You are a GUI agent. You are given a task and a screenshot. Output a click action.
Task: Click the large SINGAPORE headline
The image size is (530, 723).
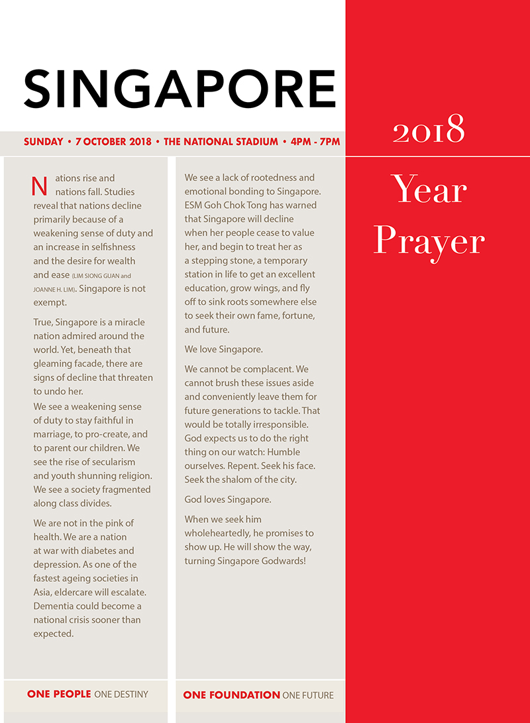click(x=180, y=88)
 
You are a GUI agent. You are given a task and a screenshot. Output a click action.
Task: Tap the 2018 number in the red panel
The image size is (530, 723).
click(x=429, y=130)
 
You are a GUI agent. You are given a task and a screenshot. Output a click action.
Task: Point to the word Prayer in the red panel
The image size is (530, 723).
click(x=429, y=241)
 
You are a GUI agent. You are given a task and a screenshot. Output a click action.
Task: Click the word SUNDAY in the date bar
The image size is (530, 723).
click(x=44, y=142)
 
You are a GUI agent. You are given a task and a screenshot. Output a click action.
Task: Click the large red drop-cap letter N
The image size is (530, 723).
click(x=40, y=186)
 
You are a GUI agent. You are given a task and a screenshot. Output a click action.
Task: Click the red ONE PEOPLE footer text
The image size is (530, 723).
click(x=59, y=694)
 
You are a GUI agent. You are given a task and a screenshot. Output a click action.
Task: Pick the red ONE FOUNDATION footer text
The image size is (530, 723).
click(x=231, y=695)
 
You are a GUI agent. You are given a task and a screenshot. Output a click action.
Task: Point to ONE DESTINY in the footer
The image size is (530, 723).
click(x=121, y=694)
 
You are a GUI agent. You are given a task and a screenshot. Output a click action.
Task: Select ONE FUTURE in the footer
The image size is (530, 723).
click(x=308, y=695)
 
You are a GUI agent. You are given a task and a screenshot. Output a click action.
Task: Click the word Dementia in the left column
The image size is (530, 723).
click(x=56, y=606)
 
